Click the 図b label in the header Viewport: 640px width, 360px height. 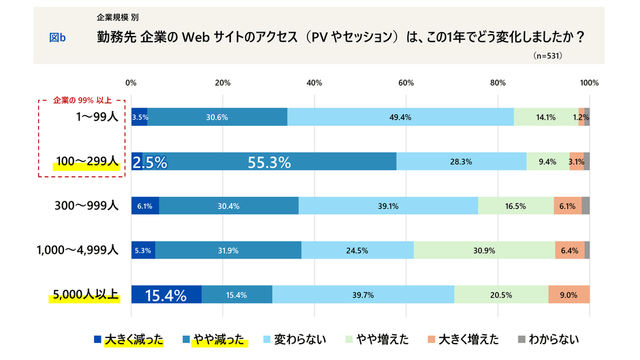click(57, 38)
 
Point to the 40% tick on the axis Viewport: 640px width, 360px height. click(314, 82)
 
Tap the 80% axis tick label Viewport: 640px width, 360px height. click(497, 82)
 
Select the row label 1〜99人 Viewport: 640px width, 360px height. click(97, 117)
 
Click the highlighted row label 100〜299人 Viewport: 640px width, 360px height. click(87, 162)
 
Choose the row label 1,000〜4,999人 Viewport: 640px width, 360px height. click(78, 250)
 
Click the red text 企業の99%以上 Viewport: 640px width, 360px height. click(82, 100)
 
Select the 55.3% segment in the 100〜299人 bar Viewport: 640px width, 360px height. click(269, 162)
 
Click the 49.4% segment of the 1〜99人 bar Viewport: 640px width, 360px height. click(400, 117)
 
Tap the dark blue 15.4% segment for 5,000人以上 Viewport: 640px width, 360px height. click(166, 295)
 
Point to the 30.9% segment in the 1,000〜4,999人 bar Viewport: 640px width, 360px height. click(484, 250)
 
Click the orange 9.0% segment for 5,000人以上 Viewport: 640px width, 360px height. click(569, 295)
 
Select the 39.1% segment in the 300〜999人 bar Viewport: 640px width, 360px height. click(388, 206)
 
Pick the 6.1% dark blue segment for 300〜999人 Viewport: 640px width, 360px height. click(145, 206)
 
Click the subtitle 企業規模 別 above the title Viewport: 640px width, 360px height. click(118, 16)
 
